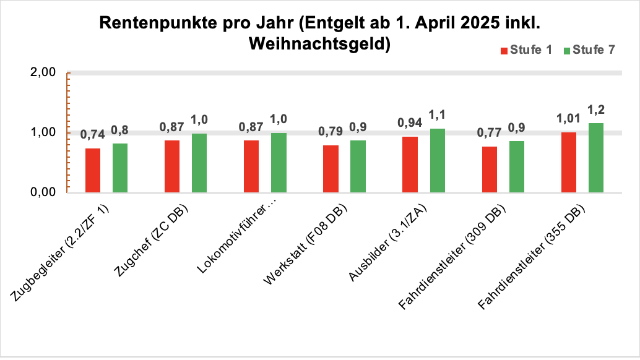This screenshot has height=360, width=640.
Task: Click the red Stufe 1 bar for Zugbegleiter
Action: [93, 170]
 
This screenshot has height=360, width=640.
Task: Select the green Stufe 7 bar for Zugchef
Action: [199, 163]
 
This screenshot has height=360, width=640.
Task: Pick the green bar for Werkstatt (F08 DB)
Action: [358, 166]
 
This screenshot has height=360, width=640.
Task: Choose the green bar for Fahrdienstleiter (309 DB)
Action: [517, 166]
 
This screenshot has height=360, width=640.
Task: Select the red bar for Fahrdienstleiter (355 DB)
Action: [569, 162]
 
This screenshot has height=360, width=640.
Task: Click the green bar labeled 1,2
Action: [596, 158]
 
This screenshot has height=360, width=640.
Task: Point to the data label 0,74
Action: [92, 135]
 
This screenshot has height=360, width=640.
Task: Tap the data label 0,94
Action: [410, 123]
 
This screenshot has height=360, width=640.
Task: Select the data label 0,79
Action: [331, 132]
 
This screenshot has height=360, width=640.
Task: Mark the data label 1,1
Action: [438, 114]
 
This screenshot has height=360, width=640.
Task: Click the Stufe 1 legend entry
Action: [525, 50]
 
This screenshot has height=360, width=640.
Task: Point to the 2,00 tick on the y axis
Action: [43, 72]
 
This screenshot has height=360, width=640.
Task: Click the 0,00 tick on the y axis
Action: [43, 192]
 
